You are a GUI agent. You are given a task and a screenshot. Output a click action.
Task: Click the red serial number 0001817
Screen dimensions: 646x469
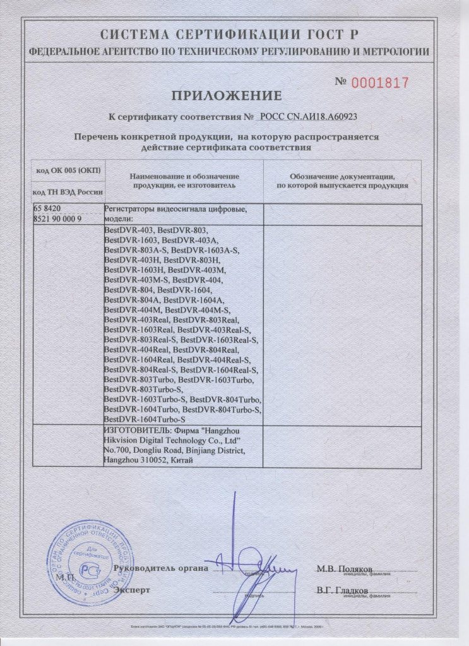click(380, 82)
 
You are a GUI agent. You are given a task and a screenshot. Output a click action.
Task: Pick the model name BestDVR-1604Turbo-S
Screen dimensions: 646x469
click(144, 419)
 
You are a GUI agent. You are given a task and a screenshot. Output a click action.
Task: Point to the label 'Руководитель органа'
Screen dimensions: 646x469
click(160, 568)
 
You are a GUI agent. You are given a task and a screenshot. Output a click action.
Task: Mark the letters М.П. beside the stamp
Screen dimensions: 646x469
click(64, 577)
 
